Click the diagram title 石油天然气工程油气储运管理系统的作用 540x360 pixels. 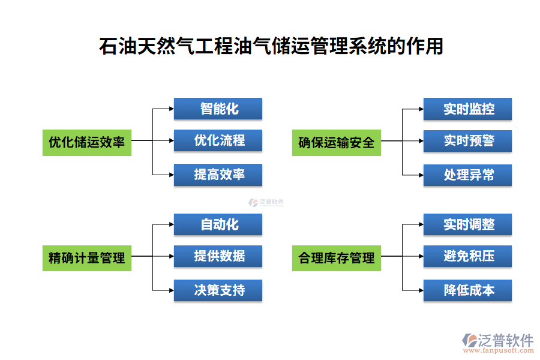coord(271,46)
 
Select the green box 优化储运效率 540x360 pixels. coord(87,142)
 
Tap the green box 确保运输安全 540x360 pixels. coord(336,142)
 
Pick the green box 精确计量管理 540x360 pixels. coord(87,257)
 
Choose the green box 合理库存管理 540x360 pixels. coord(336,257)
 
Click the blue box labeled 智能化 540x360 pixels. coord(218,109)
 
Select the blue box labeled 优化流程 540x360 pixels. coord(218,141)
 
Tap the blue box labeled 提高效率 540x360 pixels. coord(218,175)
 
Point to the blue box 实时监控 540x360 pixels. coord(468,109)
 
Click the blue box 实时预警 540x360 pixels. coord(468,141)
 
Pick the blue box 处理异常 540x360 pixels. coord(468,175)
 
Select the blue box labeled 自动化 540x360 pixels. coord(218,224)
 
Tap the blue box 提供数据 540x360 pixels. coord(218,256)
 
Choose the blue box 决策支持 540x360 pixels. coord(218,290)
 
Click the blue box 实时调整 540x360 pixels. coord(468,224)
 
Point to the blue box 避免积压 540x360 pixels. coord(468,256)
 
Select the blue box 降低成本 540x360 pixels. coord(468,290)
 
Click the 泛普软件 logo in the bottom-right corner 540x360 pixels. coord(497,342)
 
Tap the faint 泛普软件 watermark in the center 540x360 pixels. coord(266,203)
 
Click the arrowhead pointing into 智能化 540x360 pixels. coord(170,109)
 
